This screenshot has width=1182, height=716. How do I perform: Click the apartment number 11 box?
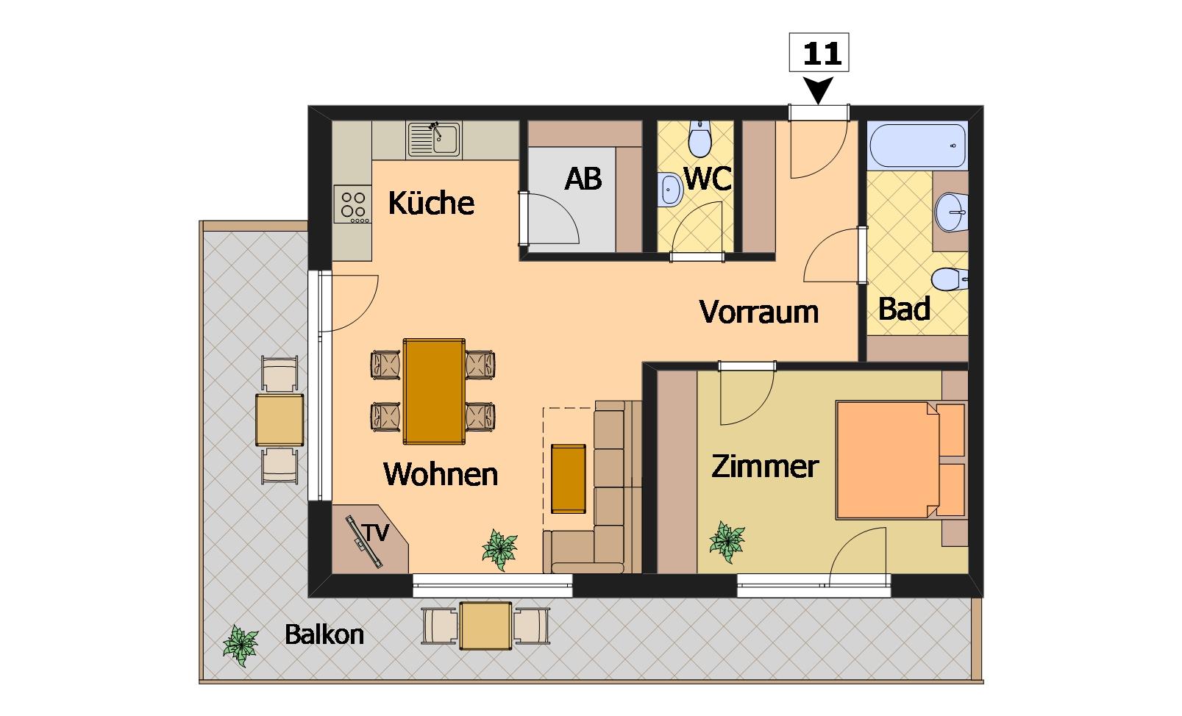[819, 52]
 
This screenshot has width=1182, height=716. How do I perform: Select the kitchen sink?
[434, 140]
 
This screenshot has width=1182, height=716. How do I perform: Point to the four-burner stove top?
[352, 204]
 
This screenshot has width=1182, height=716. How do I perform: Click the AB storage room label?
[583, 179]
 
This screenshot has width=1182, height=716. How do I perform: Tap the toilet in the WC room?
[699, 139]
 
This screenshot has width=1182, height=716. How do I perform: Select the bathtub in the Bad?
[918, 146]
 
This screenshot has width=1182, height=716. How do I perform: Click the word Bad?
[904, 309]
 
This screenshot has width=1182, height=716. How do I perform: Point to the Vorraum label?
[759, 312]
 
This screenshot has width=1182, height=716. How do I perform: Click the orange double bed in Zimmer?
[900, 460]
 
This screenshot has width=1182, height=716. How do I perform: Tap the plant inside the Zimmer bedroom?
[727, 542]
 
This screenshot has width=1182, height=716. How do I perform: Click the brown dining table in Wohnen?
[434, 391]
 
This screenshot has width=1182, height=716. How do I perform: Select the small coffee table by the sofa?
[569, 479]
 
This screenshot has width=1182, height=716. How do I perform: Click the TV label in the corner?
[375, 533]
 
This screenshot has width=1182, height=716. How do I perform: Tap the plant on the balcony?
[241, 646]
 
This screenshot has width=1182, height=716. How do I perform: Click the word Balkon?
[324, 635]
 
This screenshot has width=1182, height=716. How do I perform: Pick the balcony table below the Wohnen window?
[485, 626]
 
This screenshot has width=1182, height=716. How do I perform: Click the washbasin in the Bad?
[951, 212]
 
